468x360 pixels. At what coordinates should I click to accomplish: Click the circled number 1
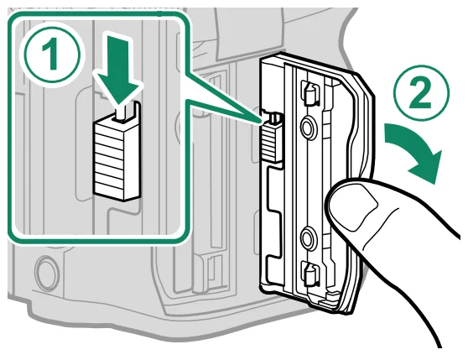pyautogui.click(x=52, y=55)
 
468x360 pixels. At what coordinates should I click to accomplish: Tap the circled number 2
pyautogui.click(x=421, y=93)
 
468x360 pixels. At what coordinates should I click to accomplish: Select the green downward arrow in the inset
pyautogui.click(x=118, y=70)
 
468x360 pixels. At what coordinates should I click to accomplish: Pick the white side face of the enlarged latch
pyautogui.click(x=132, y=159)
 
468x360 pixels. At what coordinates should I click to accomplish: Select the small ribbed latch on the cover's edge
pyautogui.click(x=270, y=143)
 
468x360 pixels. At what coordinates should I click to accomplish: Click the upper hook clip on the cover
pyautogui.click(x=309, y=93)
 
